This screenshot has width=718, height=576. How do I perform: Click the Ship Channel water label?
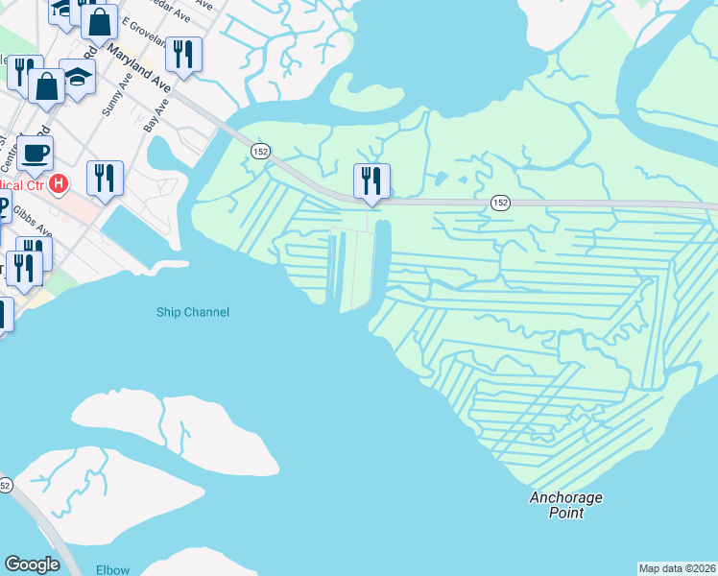193,312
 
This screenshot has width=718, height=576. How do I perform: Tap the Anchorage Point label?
566,505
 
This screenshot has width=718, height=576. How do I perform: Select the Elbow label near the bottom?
112,569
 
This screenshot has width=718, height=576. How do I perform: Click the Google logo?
32,564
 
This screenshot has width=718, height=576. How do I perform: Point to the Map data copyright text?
677,567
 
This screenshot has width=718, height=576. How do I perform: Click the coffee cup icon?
35,153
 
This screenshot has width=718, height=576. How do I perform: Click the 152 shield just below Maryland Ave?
260,151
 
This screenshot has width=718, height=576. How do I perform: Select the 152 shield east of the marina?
500,202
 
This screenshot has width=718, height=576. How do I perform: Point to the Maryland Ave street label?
138,68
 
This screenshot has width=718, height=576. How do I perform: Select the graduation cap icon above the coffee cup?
78,77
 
